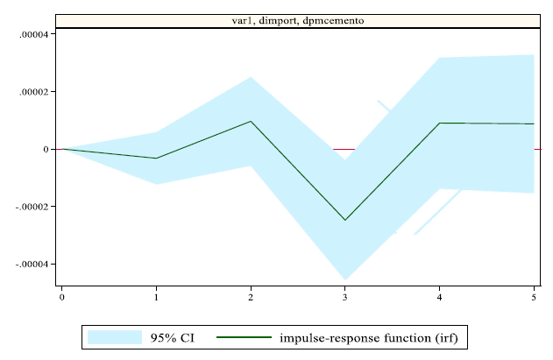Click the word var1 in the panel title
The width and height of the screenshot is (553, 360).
coord(243,20)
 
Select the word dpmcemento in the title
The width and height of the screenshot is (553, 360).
coord(329,20)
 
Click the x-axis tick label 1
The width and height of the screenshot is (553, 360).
coord(156,298)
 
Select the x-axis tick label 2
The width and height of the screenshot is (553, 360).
coord(251,298)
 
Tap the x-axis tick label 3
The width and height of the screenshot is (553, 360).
coord(345,298)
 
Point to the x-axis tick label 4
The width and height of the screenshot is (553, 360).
coord(440,298)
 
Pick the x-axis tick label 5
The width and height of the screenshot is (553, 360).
coord(534,298)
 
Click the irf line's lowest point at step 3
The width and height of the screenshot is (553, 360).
coord(345,220)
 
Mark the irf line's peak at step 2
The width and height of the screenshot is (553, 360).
coord(251,122)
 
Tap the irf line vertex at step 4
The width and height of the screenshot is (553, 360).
coord(440,123)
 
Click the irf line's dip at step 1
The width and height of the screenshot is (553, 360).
coord(156,159)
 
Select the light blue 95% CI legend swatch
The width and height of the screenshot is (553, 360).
coord(114,337)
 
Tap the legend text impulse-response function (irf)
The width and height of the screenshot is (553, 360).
coord(368,337)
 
